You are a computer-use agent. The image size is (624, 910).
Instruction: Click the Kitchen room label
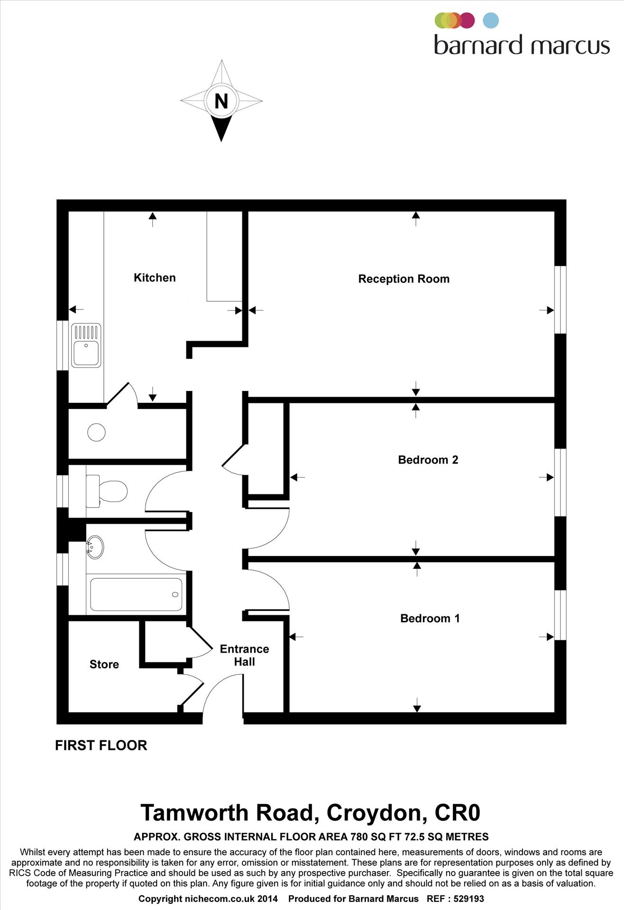point(155,278)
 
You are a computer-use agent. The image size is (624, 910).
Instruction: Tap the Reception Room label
point(404,279)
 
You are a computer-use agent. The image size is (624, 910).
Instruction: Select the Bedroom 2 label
point(428,460)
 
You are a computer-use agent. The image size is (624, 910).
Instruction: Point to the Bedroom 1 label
point(430,618)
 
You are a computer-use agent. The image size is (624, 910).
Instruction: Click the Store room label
point(104,664)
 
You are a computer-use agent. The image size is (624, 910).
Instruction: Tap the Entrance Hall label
point(244,655)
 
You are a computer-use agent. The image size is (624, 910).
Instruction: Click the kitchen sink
point(86,346)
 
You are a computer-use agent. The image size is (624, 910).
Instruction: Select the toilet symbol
point(108,491)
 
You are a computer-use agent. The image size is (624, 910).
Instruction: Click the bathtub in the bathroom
point(136,594)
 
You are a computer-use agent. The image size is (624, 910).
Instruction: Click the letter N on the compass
point(221,101)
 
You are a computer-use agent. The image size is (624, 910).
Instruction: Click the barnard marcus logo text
point(522,45)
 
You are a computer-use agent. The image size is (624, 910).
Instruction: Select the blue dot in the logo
point(491,20)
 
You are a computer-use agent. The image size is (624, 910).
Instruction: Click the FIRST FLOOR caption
point(101,745)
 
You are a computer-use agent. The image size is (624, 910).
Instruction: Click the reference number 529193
point(468,899)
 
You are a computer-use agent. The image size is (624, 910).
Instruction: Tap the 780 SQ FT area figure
point(375,837)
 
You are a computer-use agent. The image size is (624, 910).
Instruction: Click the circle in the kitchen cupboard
point(96,432)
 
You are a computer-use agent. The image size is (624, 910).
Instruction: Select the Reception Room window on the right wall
point(560,300)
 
